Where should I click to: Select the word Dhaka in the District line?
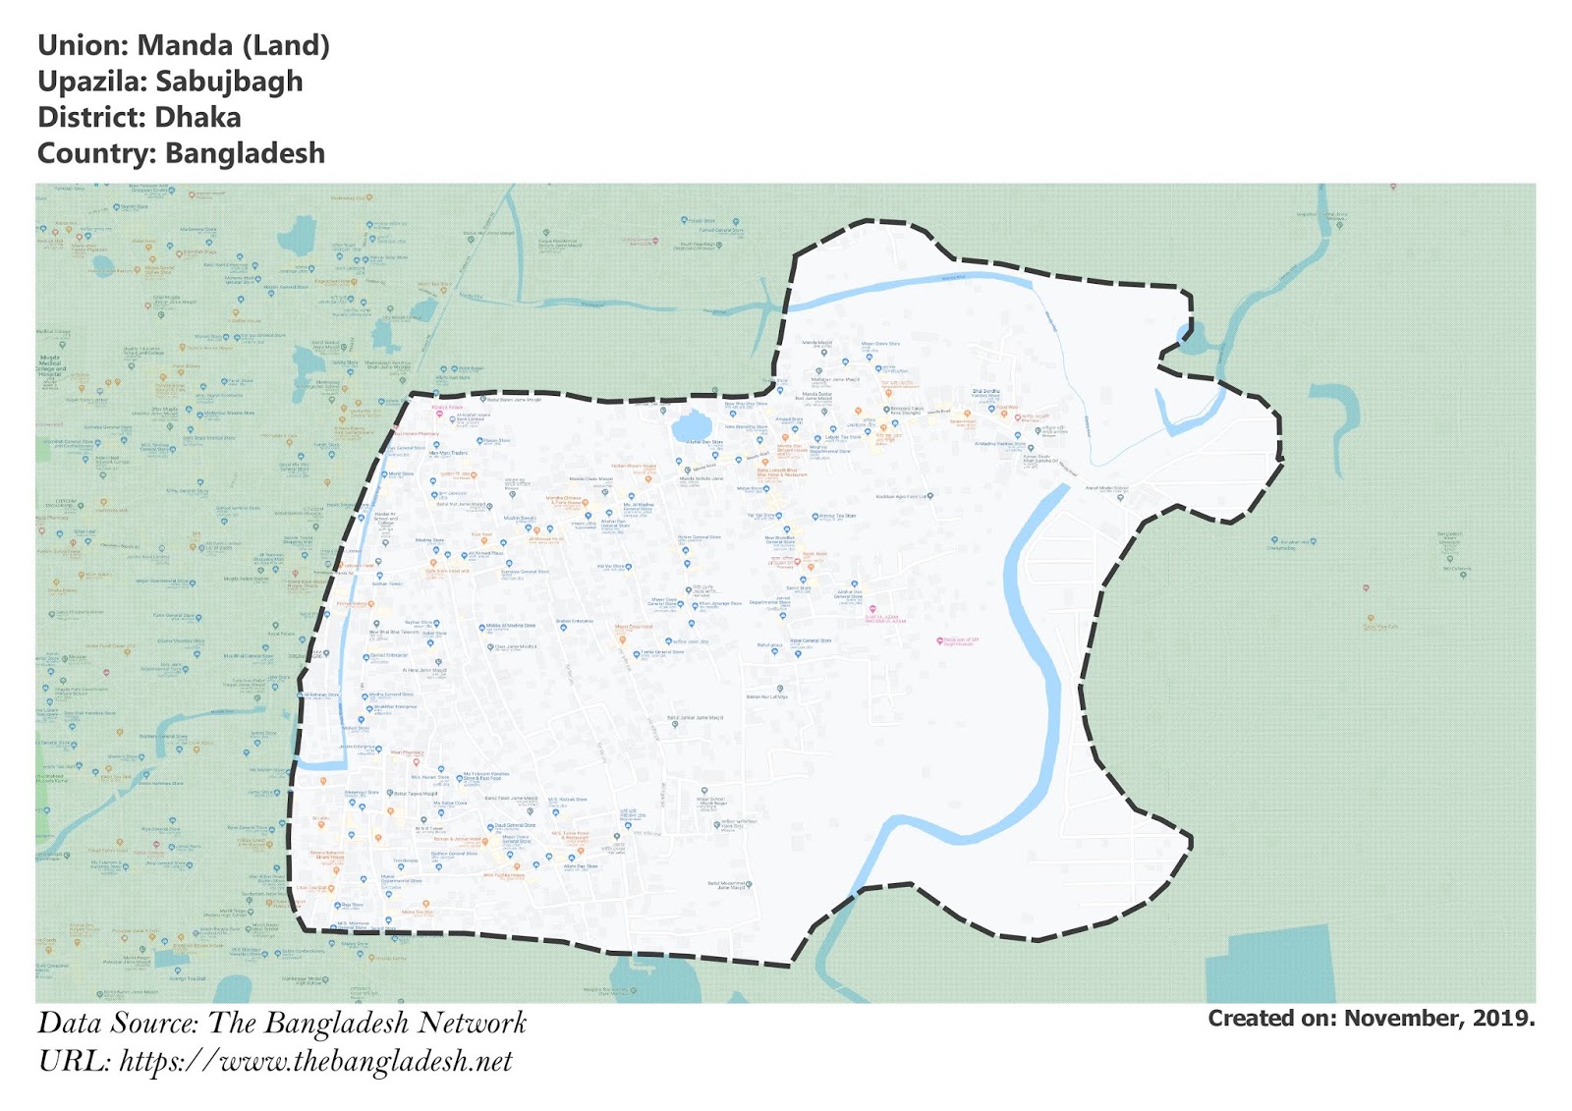pos(197,118)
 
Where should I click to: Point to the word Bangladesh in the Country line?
pos(245,154)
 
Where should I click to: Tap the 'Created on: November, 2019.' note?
pos(1371,1019)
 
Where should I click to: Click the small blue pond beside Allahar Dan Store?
pos(691,427)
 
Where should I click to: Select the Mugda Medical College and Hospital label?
pos(50,365)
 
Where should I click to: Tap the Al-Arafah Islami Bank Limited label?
pos(474,417)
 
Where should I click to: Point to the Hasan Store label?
pos(496,441)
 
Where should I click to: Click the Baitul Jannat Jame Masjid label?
pos(696,718)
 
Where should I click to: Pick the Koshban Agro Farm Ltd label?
pos(903,496)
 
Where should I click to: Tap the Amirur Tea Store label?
pos(837,516)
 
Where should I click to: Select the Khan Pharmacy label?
pos(407,753)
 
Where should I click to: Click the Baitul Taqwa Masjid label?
pos(417,793)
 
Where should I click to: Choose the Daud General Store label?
pos(515,825)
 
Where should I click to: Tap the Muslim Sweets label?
pos(520,518)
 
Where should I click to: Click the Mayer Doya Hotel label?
pos(665,601)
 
